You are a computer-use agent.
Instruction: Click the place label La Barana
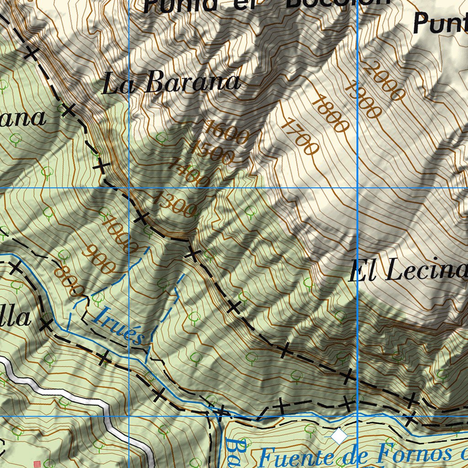click(171, 83)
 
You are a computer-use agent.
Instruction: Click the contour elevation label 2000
click(385, 81)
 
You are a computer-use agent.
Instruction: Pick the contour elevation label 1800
click(330, 114)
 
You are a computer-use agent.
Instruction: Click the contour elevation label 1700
click(299, 136)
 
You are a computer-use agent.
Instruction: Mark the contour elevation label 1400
click(188, 172)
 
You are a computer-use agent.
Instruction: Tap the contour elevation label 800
click(69, 282)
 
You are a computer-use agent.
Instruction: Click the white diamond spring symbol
click(339, 436)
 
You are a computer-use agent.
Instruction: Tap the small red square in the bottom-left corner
click(37, 464)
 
